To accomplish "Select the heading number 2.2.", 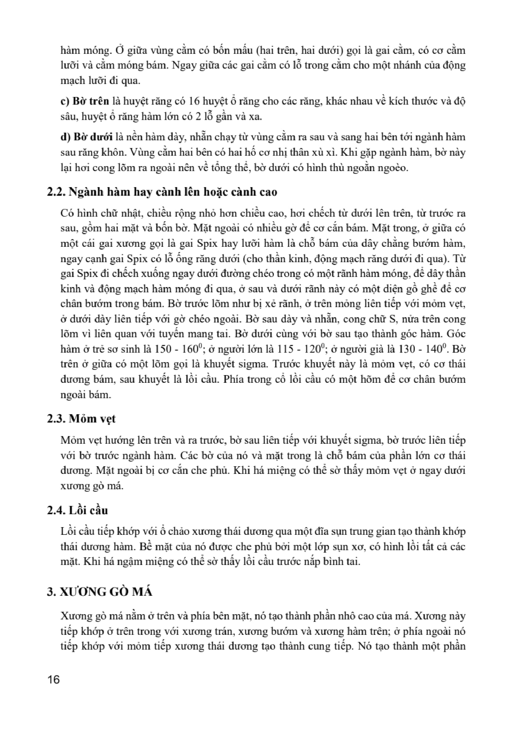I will coord(56,192).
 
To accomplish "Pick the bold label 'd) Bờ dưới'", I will coord(86,137).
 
